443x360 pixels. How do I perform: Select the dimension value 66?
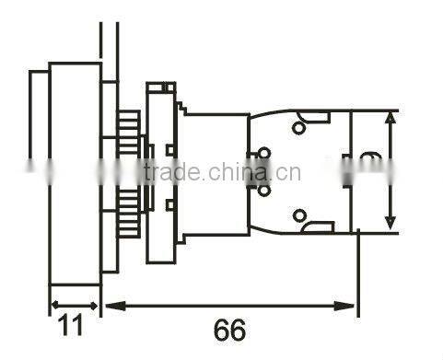pos(229,330)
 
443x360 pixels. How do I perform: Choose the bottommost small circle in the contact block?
pos(299,216)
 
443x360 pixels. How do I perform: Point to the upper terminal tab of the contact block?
pos(319,116)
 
